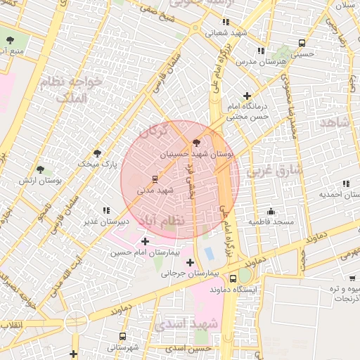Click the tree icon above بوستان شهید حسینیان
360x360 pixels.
pyautogui.click(x=195, y=142)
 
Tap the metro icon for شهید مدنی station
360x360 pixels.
pyautogui.click(x=155, y=179)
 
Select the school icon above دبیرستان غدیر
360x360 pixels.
pyautogui.click(x=106, y=210)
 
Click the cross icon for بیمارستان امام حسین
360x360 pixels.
pyautogui.click(x=146, y=241)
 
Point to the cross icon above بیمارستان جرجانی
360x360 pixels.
pyautogui.click(x=190, y=262)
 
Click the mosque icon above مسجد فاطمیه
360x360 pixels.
pyautogui.click(x=271, y=212)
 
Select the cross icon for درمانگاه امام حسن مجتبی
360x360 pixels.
pyautogui.click(x=247, y=96)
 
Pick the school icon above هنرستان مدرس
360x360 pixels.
pyautogui.click(x=262, y=51)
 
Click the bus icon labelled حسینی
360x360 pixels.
pyautogui.click(x=302, y=42)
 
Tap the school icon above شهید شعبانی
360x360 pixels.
pyautogui.click(x=225, y=21)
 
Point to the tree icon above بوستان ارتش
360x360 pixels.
pyautogui.click(x=41, y=169)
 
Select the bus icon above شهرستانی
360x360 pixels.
pyautogui.click(x=123, y=336)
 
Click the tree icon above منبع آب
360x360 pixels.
pyautogui.click(x=10, y=40)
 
